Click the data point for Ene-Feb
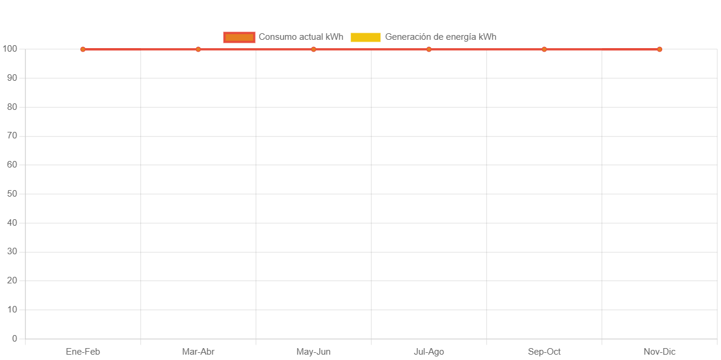pos(83,49)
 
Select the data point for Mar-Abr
pos(198,49)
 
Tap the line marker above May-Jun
pos(313,49)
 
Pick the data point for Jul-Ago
pos(429,49)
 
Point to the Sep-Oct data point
pos(544,49)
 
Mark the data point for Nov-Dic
pos(659,49)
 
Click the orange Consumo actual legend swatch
pos(239,37)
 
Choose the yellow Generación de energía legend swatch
pos(366,37)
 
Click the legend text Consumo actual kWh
pos(301,37)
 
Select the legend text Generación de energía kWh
pos(440,37)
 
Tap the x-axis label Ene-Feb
pos(83,352)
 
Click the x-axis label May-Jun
pos(313,352)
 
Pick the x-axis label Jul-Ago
pos(429,352)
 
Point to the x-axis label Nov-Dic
pos(659,352)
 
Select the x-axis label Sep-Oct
pos(544,352)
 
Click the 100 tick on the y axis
pos(10,48)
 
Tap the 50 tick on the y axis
pos(12,194)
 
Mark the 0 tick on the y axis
pos(14,339)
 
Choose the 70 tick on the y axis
pos(12,135)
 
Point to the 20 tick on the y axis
pos(12,280)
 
